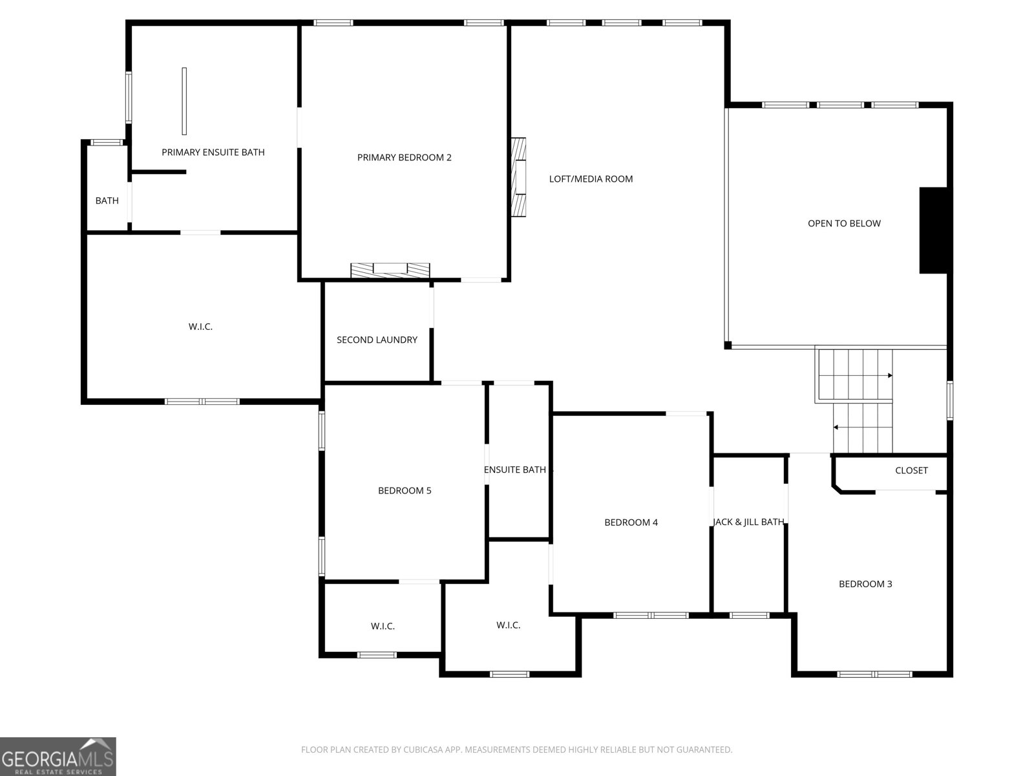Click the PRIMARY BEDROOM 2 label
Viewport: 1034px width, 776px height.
pos(404,157)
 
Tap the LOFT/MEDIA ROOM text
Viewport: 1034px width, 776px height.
pos(591,178)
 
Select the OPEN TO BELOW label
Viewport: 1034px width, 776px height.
pos(844,223)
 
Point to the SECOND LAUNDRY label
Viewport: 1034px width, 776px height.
pos(377,339)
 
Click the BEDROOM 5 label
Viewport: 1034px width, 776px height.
pos(404,490)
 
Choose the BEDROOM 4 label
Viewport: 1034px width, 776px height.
pos(631,522)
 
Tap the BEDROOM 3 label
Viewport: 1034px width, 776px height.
pos(865,584)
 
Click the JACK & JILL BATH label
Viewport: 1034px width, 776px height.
pos(748,522)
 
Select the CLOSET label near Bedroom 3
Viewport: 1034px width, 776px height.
pos(911,470)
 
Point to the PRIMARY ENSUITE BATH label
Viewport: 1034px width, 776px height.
pos(213,152)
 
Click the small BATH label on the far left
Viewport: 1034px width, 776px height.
pos(107,200)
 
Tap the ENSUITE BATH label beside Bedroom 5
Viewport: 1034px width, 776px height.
pos(515,469)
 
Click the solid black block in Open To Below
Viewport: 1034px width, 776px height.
pos(933,230)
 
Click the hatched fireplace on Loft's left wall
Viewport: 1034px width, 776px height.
pos(519,177)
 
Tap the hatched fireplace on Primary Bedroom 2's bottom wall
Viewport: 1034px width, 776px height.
pos(390,270)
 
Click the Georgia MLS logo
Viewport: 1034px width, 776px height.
pos(58,756)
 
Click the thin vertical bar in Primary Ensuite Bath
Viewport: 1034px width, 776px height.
pos(184,102)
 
